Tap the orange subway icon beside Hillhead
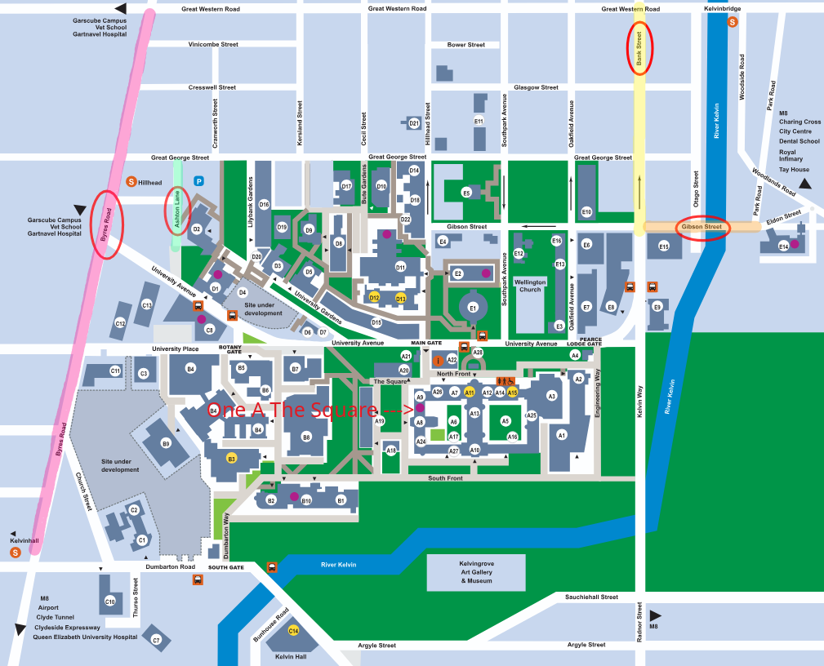point(130,181)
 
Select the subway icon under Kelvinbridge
point(733,22)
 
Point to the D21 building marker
point(414,123)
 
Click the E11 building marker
point(479,122)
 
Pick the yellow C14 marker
point(293,630)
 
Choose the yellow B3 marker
point(231,459)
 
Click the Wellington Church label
point(530,286)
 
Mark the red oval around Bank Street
point(639,51)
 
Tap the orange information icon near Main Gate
point(439,360)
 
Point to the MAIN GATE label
point(425,343)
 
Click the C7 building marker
point(156,640)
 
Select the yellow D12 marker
point(374,298)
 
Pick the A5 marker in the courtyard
point(506,421)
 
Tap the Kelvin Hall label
point(291,656)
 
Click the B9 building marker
point(166,444)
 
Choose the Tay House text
point(794,170)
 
